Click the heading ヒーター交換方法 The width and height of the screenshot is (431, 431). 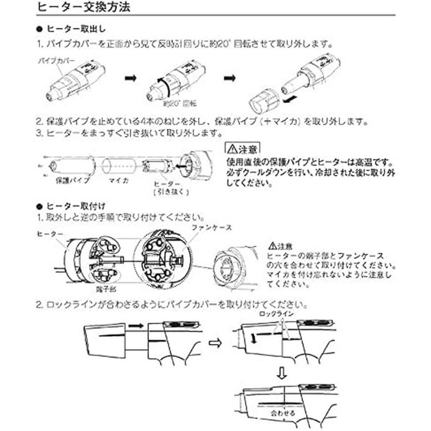83,8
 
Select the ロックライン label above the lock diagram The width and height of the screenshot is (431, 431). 276,313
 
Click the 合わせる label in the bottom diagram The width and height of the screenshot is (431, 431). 283,411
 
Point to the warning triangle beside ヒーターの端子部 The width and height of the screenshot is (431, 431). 273,246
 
